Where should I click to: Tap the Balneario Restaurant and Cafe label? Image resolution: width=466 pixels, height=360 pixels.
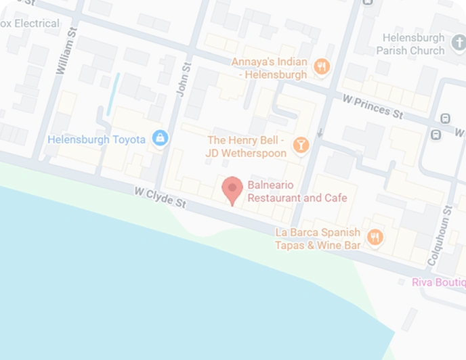[x=297, y=192]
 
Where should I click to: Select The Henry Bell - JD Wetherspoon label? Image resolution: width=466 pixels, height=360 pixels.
[x=247, y=146]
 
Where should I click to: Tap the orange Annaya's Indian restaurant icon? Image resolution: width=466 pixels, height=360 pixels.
[x=322, y=66]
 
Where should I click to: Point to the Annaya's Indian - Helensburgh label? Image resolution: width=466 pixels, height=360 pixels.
[x=270, y=68]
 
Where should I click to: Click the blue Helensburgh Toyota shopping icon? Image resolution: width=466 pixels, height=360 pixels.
[x=160, y=139]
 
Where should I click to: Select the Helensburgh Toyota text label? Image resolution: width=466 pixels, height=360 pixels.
[x=96, y=139]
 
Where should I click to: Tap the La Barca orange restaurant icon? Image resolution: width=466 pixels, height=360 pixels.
[x=375, y=238]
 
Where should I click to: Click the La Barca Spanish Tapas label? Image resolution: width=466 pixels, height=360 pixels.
[x=318, y=238]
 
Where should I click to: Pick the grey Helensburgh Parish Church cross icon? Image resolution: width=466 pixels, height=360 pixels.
[x=456, y=49]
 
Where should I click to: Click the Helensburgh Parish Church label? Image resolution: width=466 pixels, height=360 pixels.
[x=412, y=44]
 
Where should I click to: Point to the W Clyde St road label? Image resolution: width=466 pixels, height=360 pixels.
[x=160, y=197]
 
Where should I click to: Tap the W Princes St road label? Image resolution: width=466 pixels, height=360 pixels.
[x=373, y=106]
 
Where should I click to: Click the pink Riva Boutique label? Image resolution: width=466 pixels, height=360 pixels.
[x=438, y=282]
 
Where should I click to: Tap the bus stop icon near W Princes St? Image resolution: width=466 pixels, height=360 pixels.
[x=445, y=118]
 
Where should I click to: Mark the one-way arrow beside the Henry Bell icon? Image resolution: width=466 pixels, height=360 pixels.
[x=319, y=132]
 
